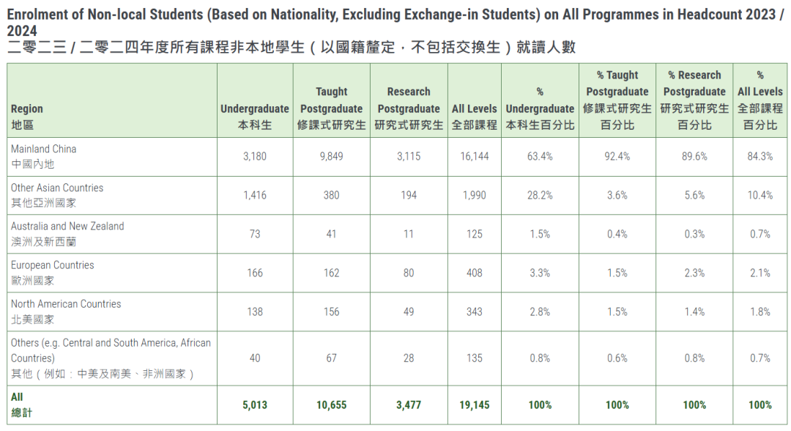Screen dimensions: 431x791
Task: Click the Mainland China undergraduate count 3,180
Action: [x=255, y=156]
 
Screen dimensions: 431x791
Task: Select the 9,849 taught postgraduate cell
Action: [x=331, y=156]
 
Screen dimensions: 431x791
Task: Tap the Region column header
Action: [x=26, y=117]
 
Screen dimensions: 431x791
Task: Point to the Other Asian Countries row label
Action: [x=57, y=195]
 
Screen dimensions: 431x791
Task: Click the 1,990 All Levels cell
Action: [x=474, y=195]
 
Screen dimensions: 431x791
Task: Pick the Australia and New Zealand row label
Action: [x=67, y=234]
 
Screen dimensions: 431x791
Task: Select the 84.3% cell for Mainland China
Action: [x=760, y=156]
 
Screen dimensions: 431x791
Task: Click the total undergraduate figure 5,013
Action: [x=255, y=405]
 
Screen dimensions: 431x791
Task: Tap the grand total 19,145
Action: [x=474, y=405]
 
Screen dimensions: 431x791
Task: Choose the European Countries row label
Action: [x=52, y=273]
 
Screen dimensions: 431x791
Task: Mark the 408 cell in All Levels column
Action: [x=474, y=273]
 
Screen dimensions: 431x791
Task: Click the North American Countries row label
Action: [x=66, y=312]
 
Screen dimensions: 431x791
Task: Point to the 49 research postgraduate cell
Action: [x=408, y=312]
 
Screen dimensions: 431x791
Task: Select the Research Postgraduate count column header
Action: [x=409, y=108]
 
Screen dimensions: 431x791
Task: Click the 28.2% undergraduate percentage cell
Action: [x=540, y=195]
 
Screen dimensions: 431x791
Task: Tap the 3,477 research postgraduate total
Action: [x=408, y=405]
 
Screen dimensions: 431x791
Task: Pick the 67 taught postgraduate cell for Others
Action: [x=331, y=358]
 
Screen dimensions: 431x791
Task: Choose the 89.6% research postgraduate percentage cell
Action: [x=694, y=156]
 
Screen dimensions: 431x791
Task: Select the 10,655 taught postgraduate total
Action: [x=331, y=405]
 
